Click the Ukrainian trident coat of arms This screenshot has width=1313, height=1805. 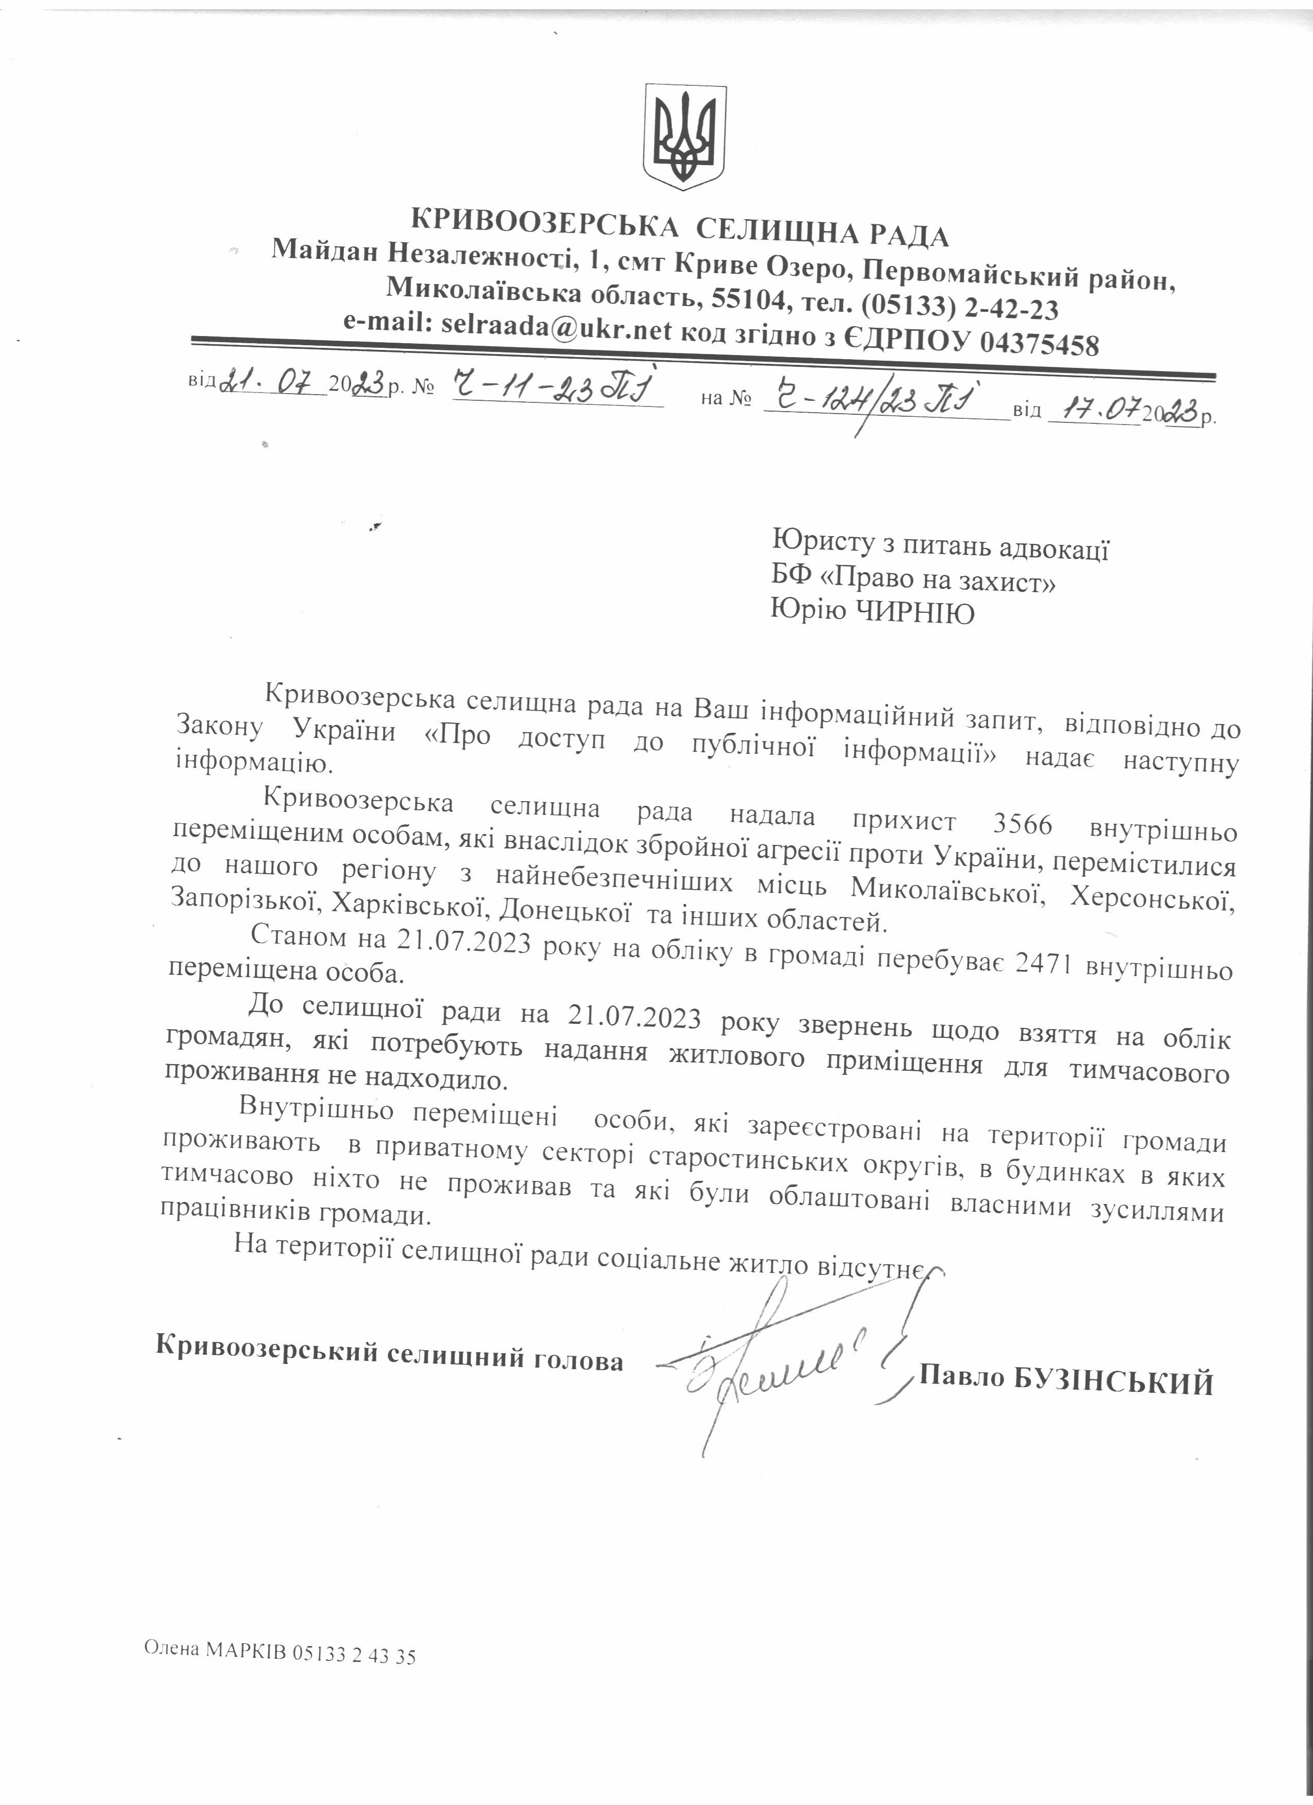click(x=684, y=137)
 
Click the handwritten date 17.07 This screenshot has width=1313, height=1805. click(x=1094, y=412)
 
